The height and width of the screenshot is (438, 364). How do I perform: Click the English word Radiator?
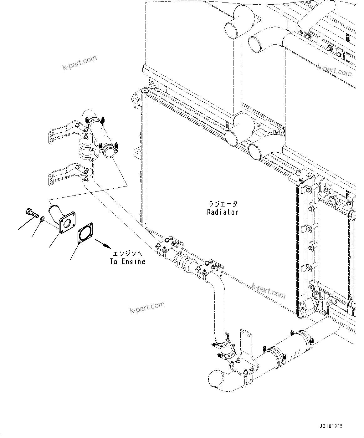coord(223,212)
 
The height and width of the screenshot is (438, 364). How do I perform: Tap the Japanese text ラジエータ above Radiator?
coord(223,204)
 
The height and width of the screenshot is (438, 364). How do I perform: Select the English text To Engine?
coord(128,262)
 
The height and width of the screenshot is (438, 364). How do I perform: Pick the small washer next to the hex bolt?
coord(43,219)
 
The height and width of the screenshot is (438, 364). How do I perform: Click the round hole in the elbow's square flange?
coord(67,223)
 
